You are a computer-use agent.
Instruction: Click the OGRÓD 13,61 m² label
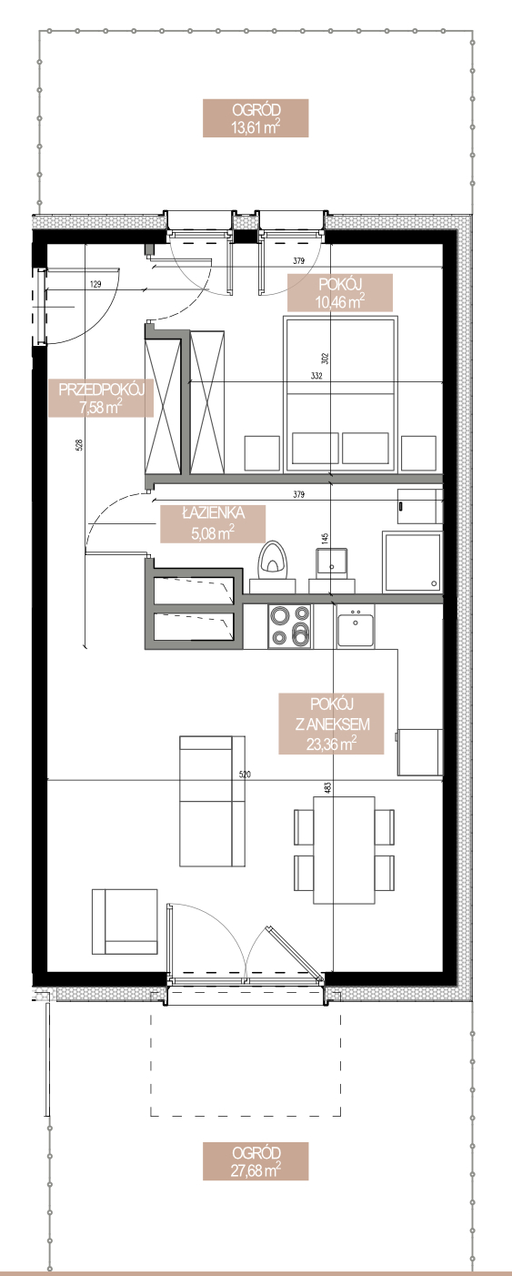point(256,118)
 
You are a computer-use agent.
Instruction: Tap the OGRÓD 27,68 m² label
point(256,1161)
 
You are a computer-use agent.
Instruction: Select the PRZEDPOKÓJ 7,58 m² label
point(101,398)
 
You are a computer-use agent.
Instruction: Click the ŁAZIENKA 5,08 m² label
point(213,523)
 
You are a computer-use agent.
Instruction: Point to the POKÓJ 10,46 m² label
point(339,293)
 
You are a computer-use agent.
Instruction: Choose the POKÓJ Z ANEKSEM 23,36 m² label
point(332,724)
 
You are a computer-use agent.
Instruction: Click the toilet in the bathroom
point(273,565)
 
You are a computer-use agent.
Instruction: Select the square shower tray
point(412,562)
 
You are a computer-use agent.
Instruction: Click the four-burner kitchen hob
point(290,626)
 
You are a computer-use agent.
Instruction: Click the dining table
point(344,850)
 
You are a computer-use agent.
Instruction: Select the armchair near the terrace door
point(125,922)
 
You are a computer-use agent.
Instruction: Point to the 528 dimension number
point(79,444)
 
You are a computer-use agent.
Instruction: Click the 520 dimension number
point(245,775)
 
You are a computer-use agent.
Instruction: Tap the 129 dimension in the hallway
point(95,284)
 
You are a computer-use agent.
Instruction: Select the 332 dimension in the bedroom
point(316,375)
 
